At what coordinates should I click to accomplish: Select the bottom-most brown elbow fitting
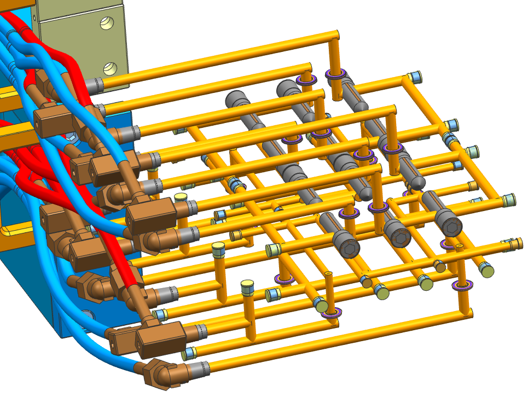164,374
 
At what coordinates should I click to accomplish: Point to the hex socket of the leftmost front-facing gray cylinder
349,247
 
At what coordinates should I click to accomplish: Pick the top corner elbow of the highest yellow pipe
333,36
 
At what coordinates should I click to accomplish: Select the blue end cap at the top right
416,76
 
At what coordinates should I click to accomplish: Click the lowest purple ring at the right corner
462,285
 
